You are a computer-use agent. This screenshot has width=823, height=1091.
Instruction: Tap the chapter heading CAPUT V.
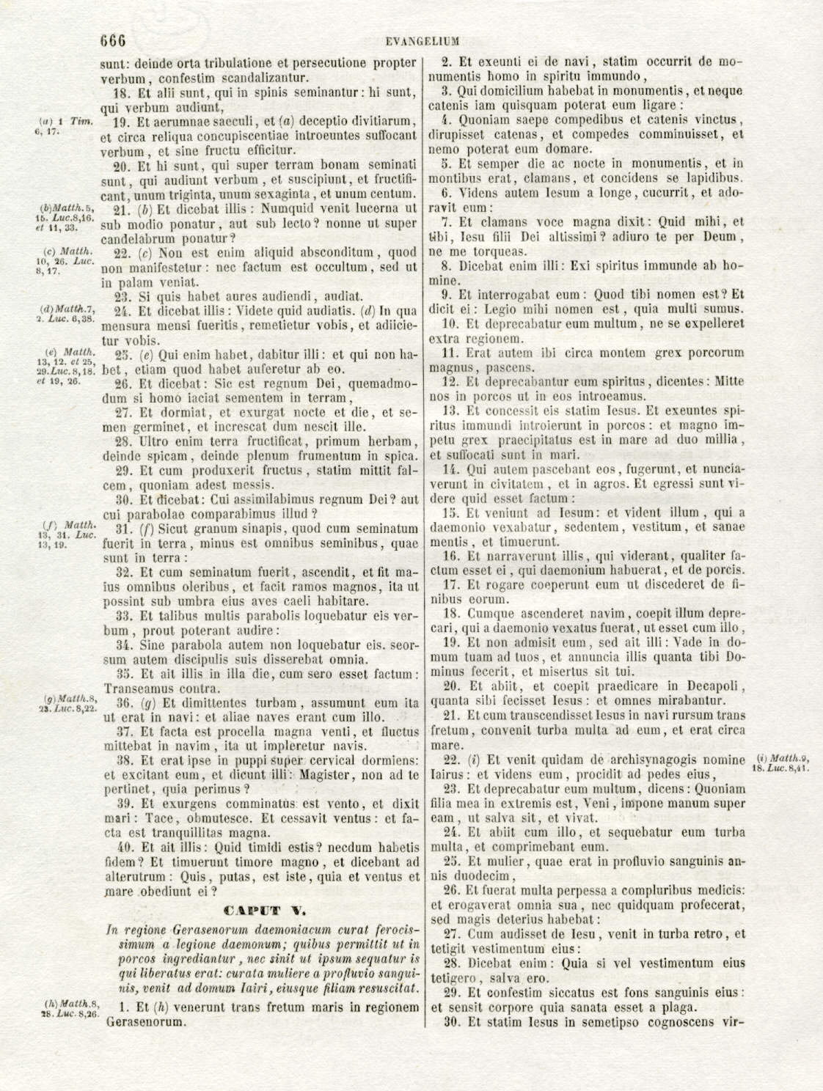click(262, 911)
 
